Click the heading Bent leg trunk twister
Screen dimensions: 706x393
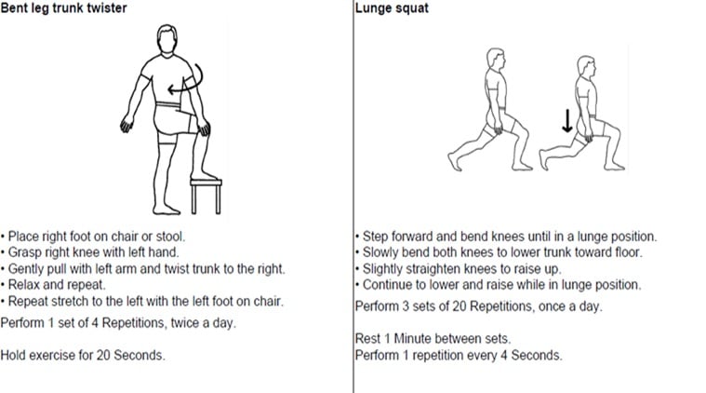(x=63, y=8)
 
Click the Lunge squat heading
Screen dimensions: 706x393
(x=392, y=8)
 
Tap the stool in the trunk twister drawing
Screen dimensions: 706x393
(x=206, y=196)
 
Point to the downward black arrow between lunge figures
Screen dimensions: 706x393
(x=567, y=121)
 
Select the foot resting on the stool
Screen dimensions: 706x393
(x=204, y=175)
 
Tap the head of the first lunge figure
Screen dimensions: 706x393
(x=495, y=60)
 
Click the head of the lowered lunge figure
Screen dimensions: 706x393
(x=587, y=67)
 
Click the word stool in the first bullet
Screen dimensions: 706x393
(x=169, y=237)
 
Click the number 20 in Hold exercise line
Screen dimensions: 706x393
(x=103, y=355)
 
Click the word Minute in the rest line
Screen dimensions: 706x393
(x=412, y=338)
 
